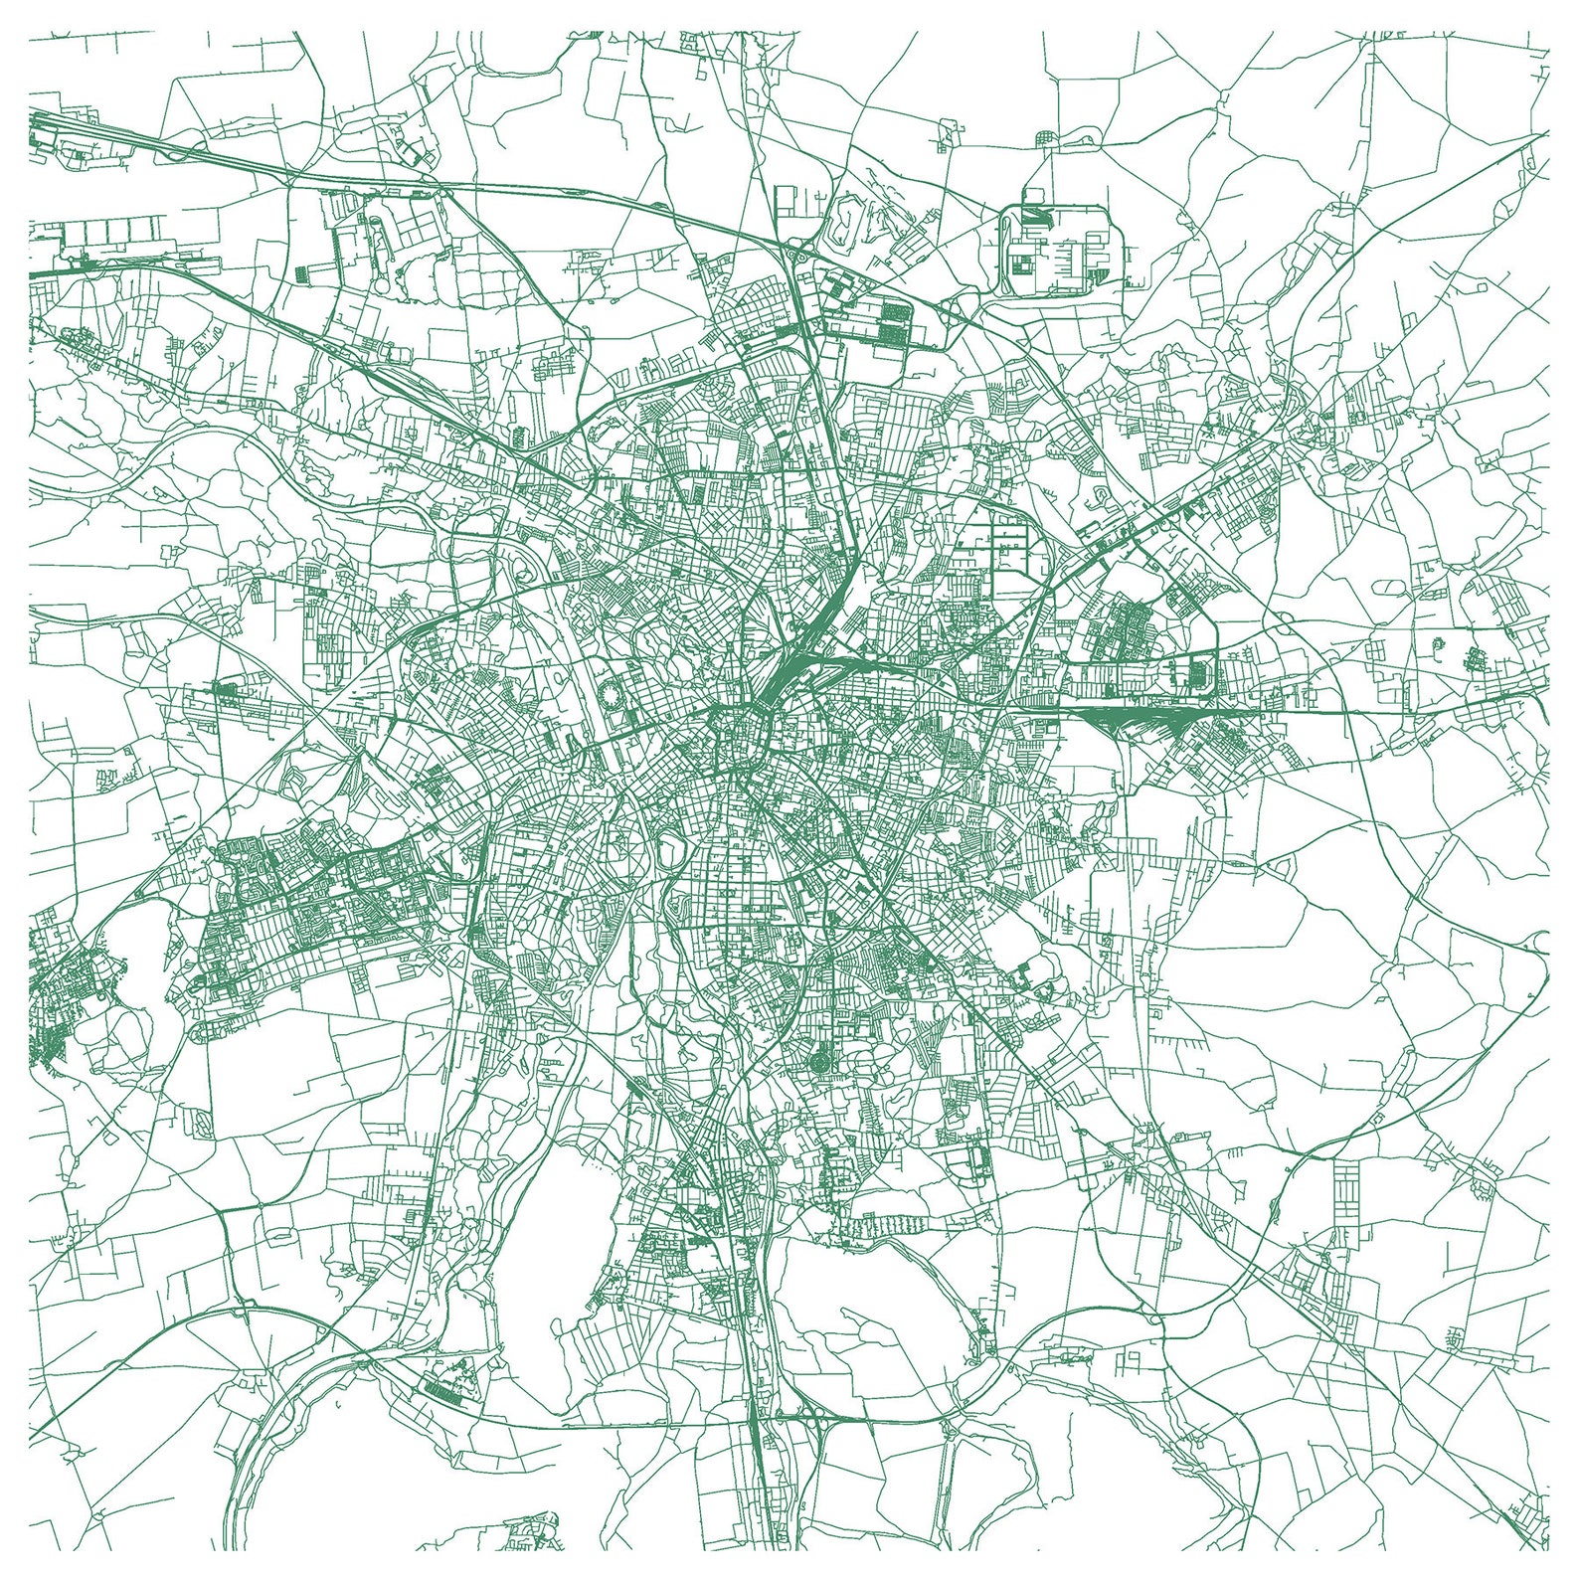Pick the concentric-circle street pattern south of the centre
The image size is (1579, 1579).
click(821, 1062)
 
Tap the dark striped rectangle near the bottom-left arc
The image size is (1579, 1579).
click(443, 1389)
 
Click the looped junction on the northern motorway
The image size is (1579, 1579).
click(795, 261)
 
